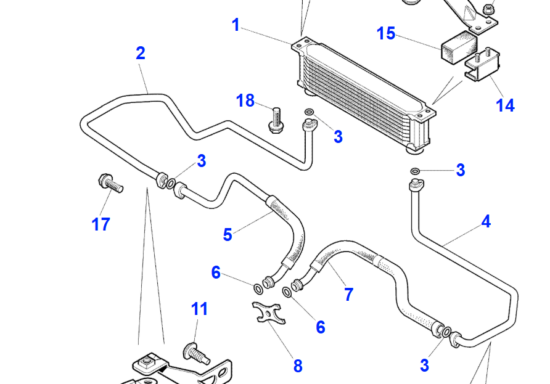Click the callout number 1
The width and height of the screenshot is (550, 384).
point(236,25)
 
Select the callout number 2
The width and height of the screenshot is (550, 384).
point(141,54)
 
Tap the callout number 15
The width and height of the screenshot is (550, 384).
point(386,33)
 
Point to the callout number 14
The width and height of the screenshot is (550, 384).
point(505,105)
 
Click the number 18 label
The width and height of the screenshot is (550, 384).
point(245,100)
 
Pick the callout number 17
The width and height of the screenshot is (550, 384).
point(101,224)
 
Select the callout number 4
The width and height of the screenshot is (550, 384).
point(486,222)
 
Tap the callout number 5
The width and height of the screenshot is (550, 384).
point(228,235)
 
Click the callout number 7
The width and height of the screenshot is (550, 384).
point(348,295)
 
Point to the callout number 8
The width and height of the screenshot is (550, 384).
point(298,366)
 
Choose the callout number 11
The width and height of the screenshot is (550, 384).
point(199,309)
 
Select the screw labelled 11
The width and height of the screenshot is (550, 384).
point(193,354)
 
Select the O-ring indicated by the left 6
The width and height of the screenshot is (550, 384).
point(257,288)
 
